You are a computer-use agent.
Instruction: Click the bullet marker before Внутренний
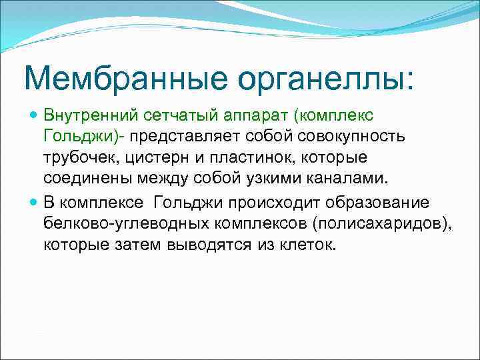point(34,115)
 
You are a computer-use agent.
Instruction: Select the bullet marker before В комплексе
point(34,202)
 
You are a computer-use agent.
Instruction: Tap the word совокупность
point(357,137)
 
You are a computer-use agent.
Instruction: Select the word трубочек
point(77,159)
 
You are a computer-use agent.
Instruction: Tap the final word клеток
point(303,245)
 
